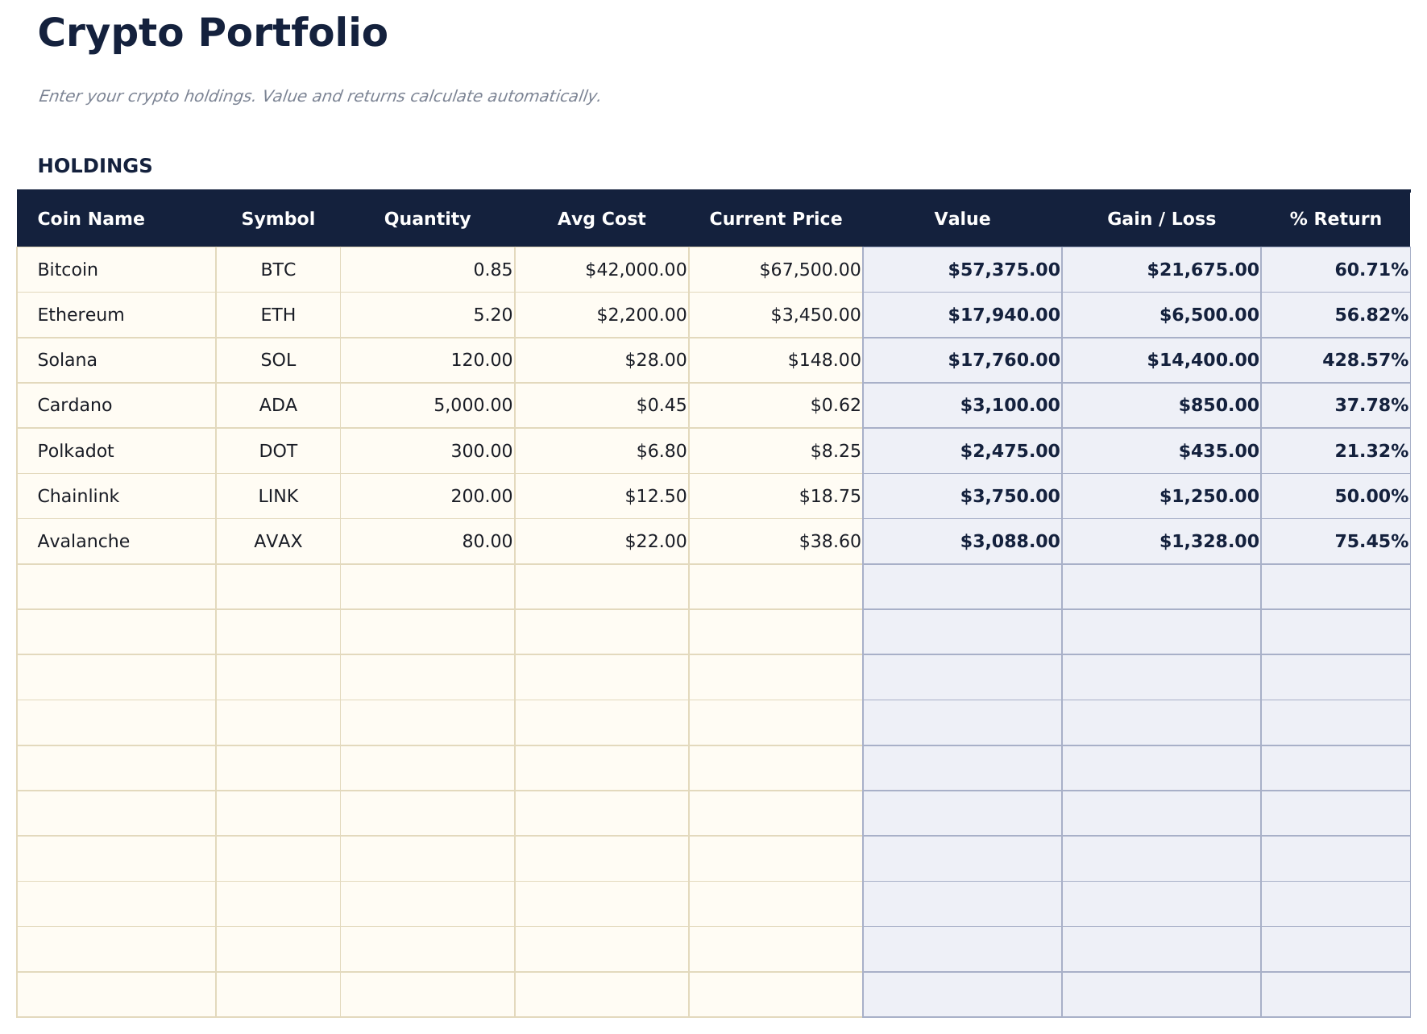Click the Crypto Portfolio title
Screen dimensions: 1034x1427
[x=213, y=34]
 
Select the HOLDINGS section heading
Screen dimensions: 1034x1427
[x=94, y=166]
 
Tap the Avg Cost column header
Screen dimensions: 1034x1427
[x=601, y=219]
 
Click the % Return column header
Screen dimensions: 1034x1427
[x=1335, y=219]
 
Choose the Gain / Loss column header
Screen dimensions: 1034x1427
[x=1161, y=219]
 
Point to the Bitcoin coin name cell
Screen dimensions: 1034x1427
[x=68, y=270]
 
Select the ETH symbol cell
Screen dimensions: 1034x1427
[x=278, y=315]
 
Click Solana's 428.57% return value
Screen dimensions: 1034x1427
[x=1365, y=360]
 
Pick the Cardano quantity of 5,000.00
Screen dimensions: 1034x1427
[x=473, y=405]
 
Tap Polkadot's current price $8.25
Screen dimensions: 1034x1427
[x=836, y=451]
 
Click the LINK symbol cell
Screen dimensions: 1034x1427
[x=278, y=496]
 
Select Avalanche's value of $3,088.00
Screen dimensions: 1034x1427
[x=1010, y=542]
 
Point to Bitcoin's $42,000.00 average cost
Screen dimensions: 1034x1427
[x=636, y=270]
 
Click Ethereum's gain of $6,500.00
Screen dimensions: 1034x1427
[x=1209, y=315]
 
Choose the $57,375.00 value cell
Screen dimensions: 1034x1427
[x=1004, y=270]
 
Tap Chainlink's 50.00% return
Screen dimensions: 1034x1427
[x=1371, y=496]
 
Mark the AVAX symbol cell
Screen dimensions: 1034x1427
[x=278, y=542]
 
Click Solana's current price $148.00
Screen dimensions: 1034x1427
[x=824, y=360]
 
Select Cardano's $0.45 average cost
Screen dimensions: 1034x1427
[x=662, y=405]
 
